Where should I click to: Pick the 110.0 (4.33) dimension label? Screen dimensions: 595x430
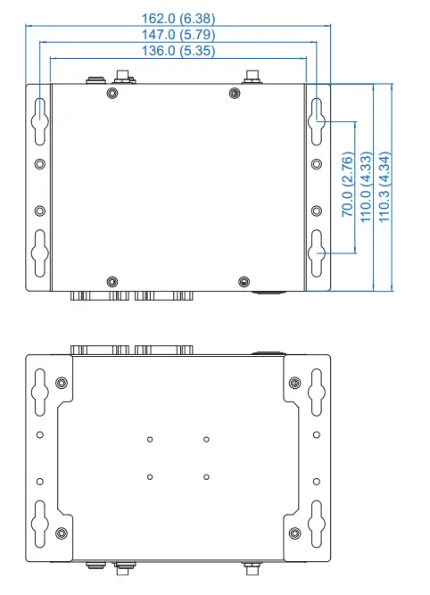pos(366,186)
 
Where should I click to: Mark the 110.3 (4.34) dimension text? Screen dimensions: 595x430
pos(384,186)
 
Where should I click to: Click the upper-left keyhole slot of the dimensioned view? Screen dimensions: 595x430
pos(39,115)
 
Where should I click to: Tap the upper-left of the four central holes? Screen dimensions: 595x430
pos(150,439)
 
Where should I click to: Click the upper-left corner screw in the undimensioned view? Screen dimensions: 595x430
pos(60,383)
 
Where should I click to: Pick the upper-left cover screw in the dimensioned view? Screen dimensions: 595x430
pos(111,93)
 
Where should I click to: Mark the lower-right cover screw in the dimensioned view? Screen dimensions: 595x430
pos(244,281)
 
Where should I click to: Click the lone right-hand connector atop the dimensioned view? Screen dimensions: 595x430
pos(252,79)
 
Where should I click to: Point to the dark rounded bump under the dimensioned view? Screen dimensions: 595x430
pos(268,291)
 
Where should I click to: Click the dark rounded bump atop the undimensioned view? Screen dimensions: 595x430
pos(268,351)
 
